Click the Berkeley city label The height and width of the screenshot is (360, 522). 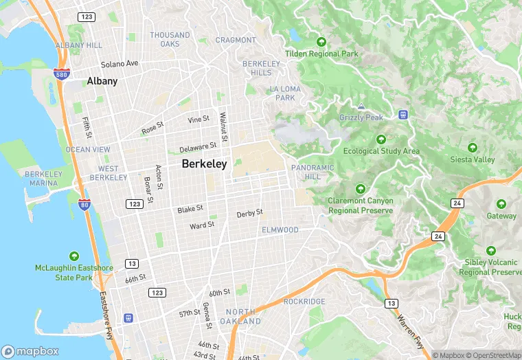pos(204,164)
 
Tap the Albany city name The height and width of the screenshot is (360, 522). pos(102,81)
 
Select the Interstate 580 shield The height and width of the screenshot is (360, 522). pos(61,73)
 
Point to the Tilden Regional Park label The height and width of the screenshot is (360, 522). pos(322,54)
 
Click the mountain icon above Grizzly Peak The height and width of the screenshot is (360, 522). pos(361,106)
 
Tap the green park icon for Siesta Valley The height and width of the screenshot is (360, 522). pos(472,148)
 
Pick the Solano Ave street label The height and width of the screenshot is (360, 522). pos(120,63)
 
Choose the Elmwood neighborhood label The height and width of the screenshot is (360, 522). pos(280,229)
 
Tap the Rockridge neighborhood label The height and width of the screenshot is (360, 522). pos(304,301)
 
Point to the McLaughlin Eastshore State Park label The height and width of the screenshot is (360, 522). pos(73,272)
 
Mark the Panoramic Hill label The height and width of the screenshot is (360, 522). pos(313,172)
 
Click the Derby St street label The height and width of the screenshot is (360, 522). pos(249,214)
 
